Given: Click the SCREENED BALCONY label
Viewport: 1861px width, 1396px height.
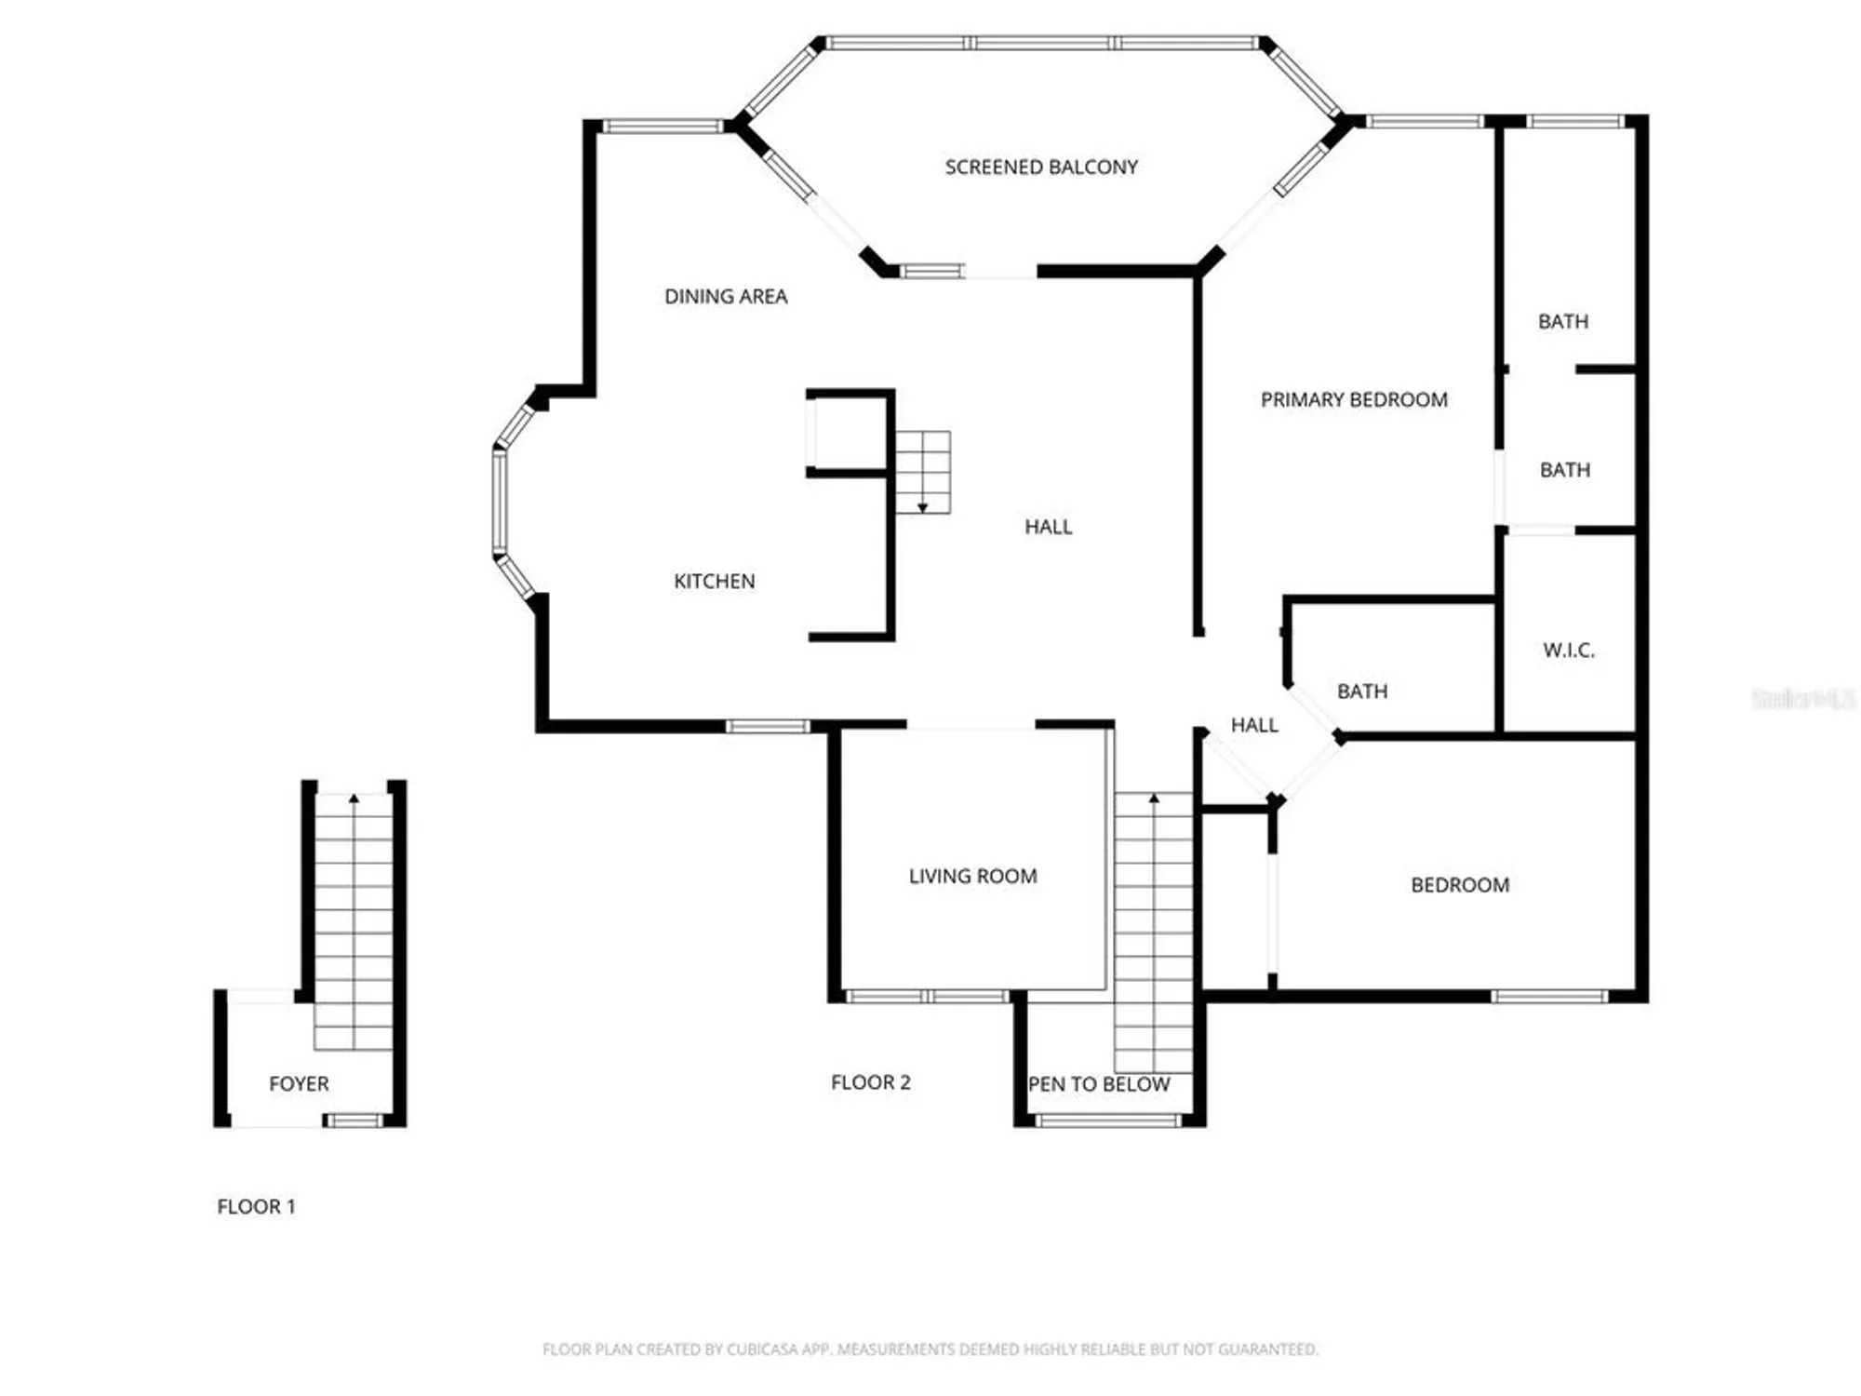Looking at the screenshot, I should click(1041, 168).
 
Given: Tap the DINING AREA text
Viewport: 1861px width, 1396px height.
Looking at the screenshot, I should click(726, 297).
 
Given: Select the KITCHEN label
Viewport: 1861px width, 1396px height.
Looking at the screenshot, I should click(714, 582).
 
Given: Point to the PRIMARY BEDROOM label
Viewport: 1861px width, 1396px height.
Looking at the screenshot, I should click(1354, 400).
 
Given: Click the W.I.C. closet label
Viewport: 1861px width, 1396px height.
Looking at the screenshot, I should click(1569, 651).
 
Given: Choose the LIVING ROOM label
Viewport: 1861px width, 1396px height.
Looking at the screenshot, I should click(972, 877).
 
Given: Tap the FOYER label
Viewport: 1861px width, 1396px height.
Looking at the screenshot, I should click(299, 1084).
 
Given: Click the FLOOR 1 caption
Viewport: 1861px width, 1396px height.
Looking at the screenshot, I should click(256, 1207).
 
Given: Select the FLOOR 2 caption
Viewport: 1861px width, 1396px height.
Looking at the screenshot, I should click(870, 1082).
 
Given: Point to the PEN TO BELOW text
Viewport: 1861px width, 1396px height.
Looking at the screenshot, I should click(1099, 1085).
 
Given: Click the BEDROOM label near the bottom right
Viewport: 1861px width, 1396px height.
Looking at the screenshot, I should click(1460, 885).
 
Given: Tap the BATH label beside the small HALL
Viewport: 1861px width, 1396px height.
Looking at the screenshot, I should click(1362, 691).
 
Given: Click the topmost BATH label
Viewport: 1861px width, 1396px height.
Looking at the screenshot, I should click(1563, 322).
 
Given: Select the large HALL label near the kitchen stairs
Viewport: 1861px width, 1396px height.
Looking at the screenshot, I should click(1049, 527).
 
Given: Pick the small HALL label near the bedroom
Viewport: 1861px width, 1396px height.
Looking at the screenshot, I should click(1254, 726).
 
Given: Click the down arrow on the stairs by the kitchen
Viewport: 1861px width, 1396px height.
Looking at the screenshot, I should click(923, 506).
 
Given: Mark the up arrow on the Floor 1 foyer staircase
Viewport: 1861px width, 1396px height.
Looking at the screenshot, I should click(354, 799).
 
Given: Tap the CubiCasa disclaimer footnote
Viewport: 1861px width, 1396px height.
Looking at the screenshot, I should click(930, 1349).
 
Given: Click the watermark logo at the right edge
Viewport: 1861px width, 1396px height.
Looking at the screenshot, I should click(1802, 699).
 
